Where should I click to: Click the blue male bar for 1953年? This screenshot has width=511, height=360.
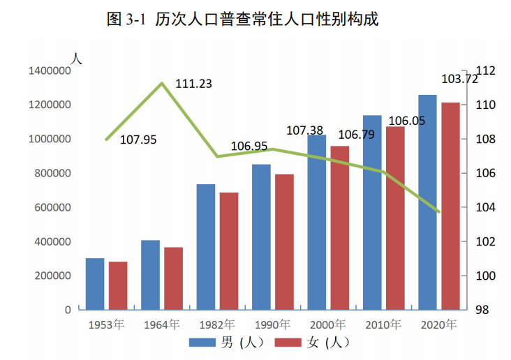pos(95,284)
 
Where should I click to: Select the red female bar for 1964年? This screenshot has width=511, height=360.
pos(173,278)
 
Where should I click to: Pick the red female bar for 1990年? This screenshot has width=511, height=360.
pos(284,241)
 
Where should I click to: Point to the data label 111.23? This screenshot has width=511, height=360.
pos(193,84)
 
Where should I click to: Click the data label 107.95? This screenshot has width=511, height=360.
pos(138,140)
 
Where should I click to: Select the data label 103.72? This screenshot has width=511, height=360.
pos(459,79)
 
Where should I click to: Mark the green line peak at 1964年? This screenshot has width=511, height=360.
pos(162,83)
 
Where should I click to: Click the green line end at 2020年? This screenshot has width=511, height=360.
pos(439,211)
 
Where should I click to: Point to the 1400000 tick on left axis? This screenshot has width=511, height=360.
pos(50,70)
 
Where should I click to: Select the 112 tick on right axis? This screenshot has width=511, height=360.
pos(485,70)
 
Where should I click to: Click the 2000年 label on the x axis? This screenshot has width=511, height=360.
pos(327,325)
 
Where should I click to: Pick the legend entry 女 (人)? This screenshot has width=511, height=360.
pos(311,343)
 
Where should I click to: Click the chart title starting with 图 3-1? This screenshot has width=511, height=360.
pos(243,20)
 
